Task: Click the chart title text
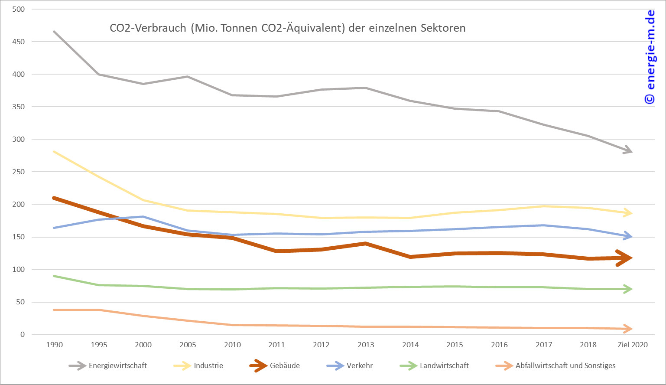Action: [x=288, y=28]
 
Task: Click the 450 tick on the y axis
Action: [x=19, y=42]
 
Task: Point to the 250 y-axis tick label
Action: [x=19, y=172]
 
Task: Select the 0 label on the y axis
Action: [x=22, y=334]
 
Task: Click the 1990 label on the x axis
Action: [x=54, y=345]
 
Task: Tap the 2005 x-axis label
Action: [x=188, y=345]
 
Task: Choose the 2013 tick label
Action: [x=366, y=345]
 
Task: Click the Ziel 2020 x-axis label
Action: [x=633, y=345]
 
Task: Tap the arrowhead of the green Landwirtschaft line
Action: [x=629, y=289]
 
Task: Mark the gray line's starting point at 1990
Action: [x=54, y=31]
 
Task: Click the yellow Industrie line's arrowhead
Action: [x=629, y=212]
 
